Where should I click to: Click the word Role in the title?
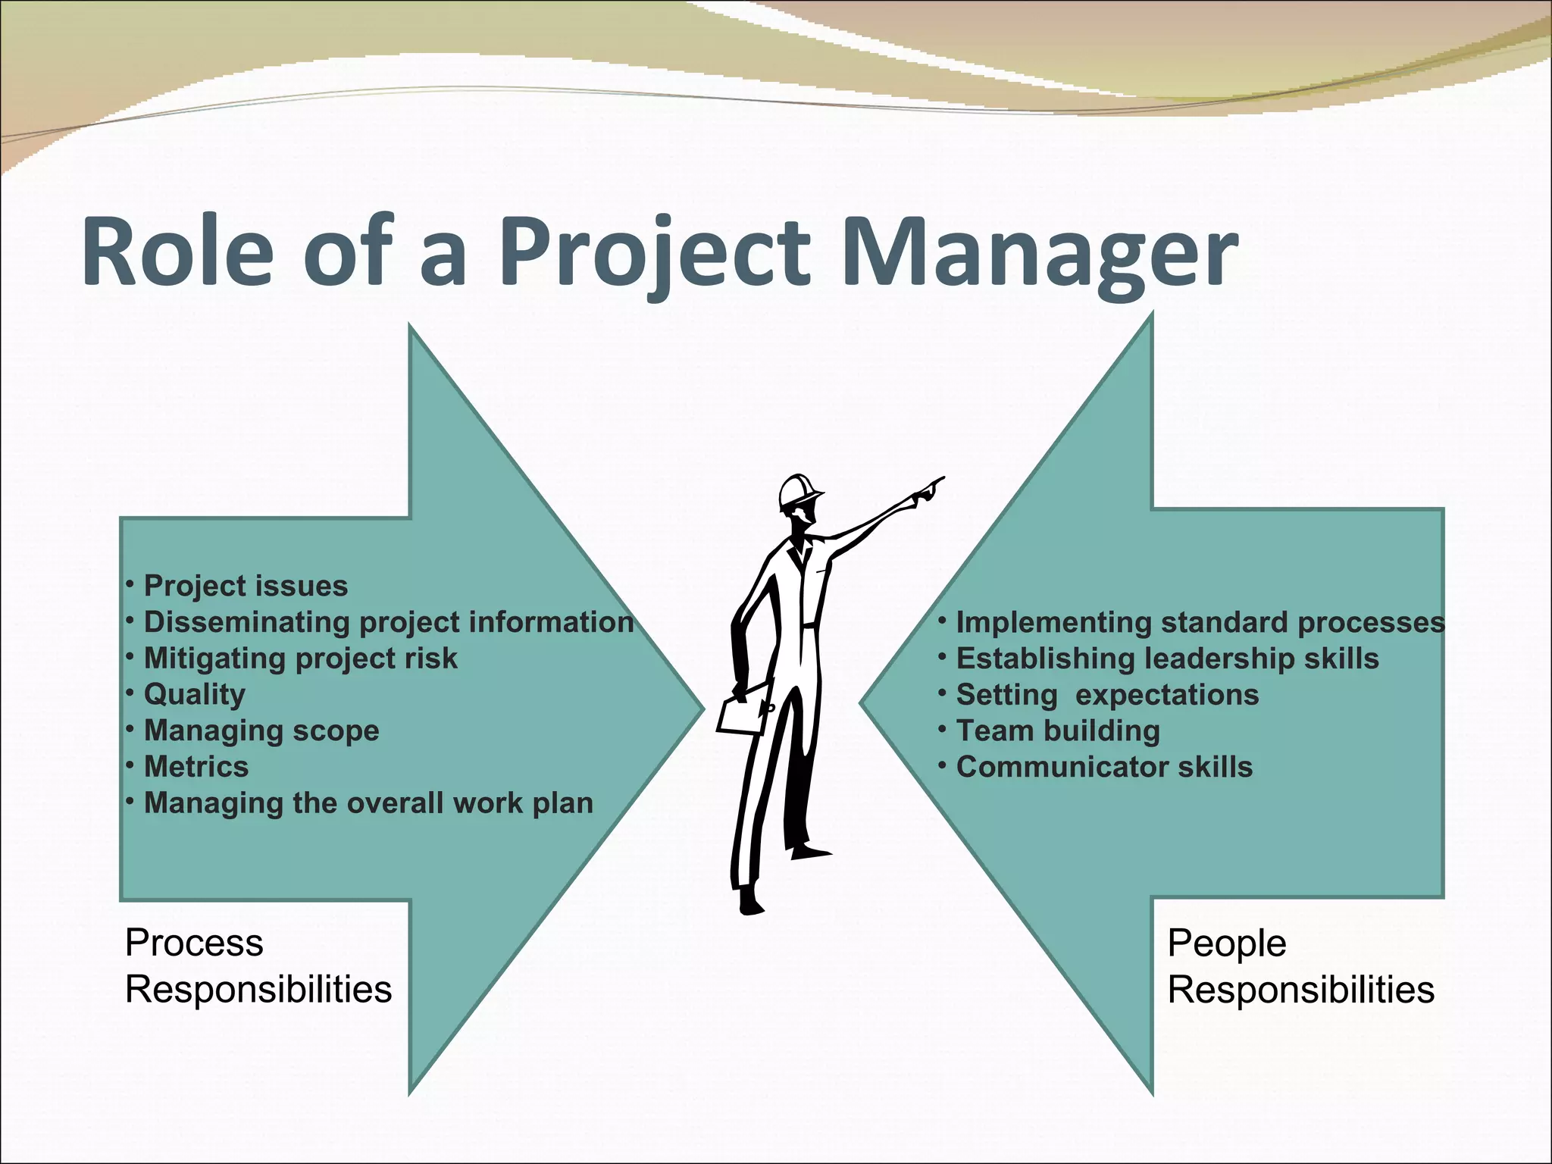click(177, 252)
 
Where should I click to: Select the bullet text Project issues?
click(246, 586)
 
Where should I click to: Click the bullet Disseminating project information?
click(388, 622)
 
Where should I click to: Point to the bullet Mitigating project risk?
click(300, 659)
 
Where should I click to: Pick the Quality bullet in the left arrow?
click(195, 694)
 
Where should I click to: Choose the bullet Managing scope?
click(261, 731)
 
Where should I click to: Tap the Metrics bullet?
click(196, 767)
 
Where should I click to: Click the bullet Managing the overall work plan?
click(368, 803)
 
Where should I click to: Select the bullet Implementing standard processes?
click(1200, 622)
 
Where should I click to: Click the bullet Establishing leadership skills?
click(1167, 659)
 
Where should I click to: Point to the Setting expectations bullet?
click(1107, 695)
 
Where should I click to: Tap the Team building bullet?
click(1058, 731)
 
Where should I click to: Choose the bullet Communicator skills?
click(1104, 767)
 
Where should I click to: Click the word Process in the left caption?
click(194, 943)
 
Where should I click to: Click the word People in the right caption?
click(1227, 944)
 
